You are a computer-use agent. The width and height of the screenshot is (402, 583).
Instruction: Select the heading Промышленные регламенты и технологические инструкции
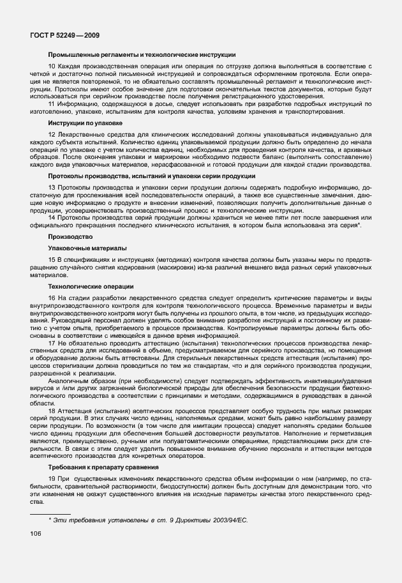142,56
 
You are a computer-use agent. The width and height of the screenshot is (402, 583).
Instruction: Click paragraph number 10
52,67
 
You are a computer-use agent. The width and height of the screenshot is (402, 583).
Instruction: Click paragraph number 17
52,343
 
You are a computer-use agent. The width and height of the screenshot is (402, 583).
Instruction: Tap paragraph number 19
52,480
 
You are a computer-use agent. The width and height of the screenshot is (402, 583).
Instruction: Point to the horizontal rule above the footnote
50,513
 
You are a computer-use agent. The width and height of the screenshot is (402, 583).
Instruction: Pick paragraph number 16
52,299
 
